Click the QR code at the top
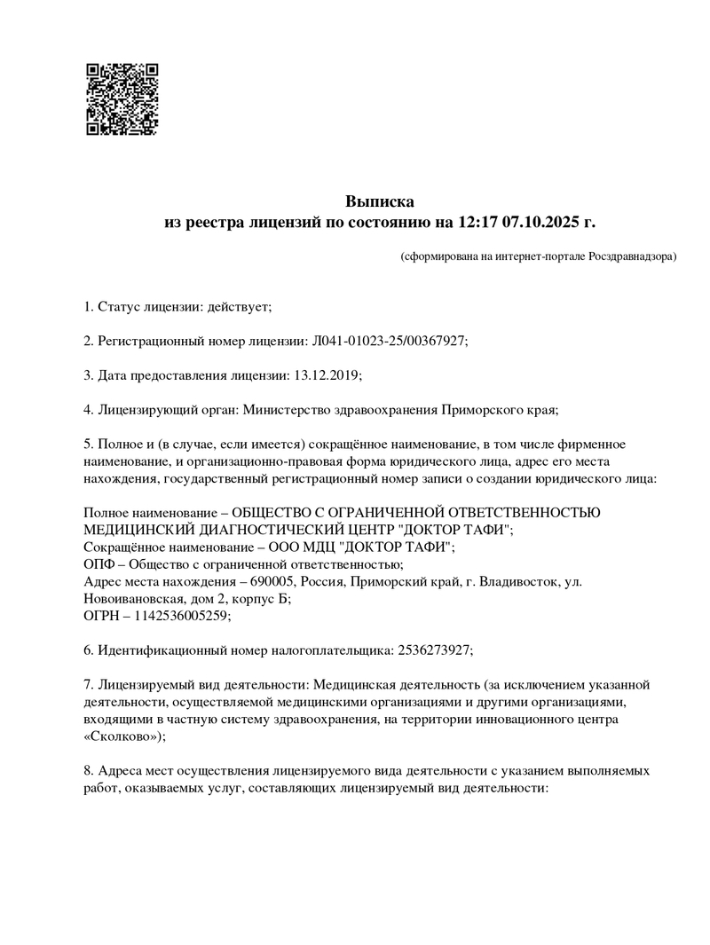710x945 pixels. pos(122,98)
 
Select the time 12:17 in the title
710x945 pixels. pos(478,222)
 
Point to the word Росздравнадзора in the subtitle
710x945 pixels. pos(632,256)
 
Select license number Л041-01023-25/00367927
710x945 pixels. pos(386,342)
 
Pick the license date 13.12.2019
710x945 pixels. pos(325,375)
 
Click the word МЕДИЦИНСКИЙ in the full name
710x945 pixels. pos(138,530)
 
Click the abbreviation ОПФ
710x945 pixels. pos(99,563)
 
